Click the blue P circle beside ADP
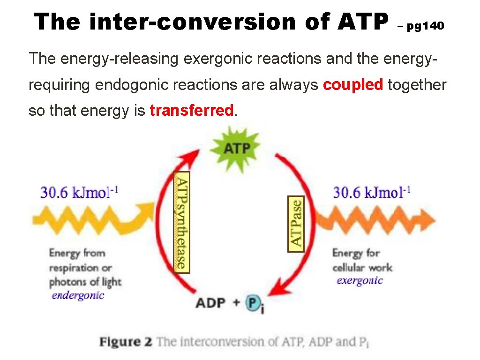point(254,303)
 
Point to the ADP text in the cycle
point(211,303)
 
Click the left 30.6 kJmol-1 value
point(80,192)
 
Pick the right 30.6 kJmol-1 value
point(372,192)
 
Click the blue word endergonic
point(78,296)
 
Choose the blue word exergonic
point(360,281)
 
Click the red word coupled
point(353,85)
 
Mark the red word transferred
point(191,111)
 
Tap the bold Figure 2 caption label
point(126,342)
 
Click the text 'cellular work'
point(362,268)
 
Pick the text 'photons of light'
point(85,282)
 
